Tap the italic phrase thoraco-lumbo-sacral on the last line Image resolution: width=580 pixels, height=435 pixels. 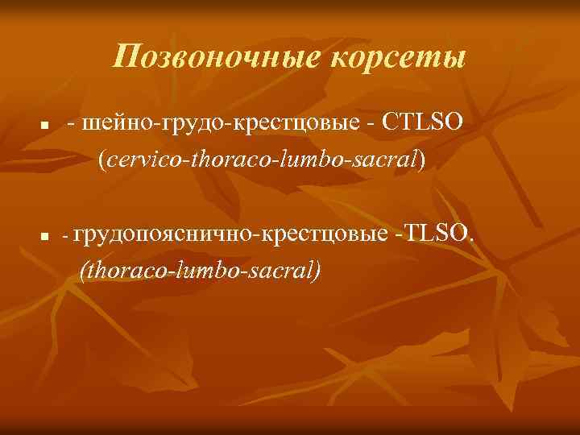point(200,268)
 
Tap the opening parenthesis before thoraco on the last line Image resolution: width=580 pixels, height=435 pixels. point(84,269)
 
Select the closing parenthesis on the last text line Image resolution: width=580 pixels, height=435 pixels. point(317,269)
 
